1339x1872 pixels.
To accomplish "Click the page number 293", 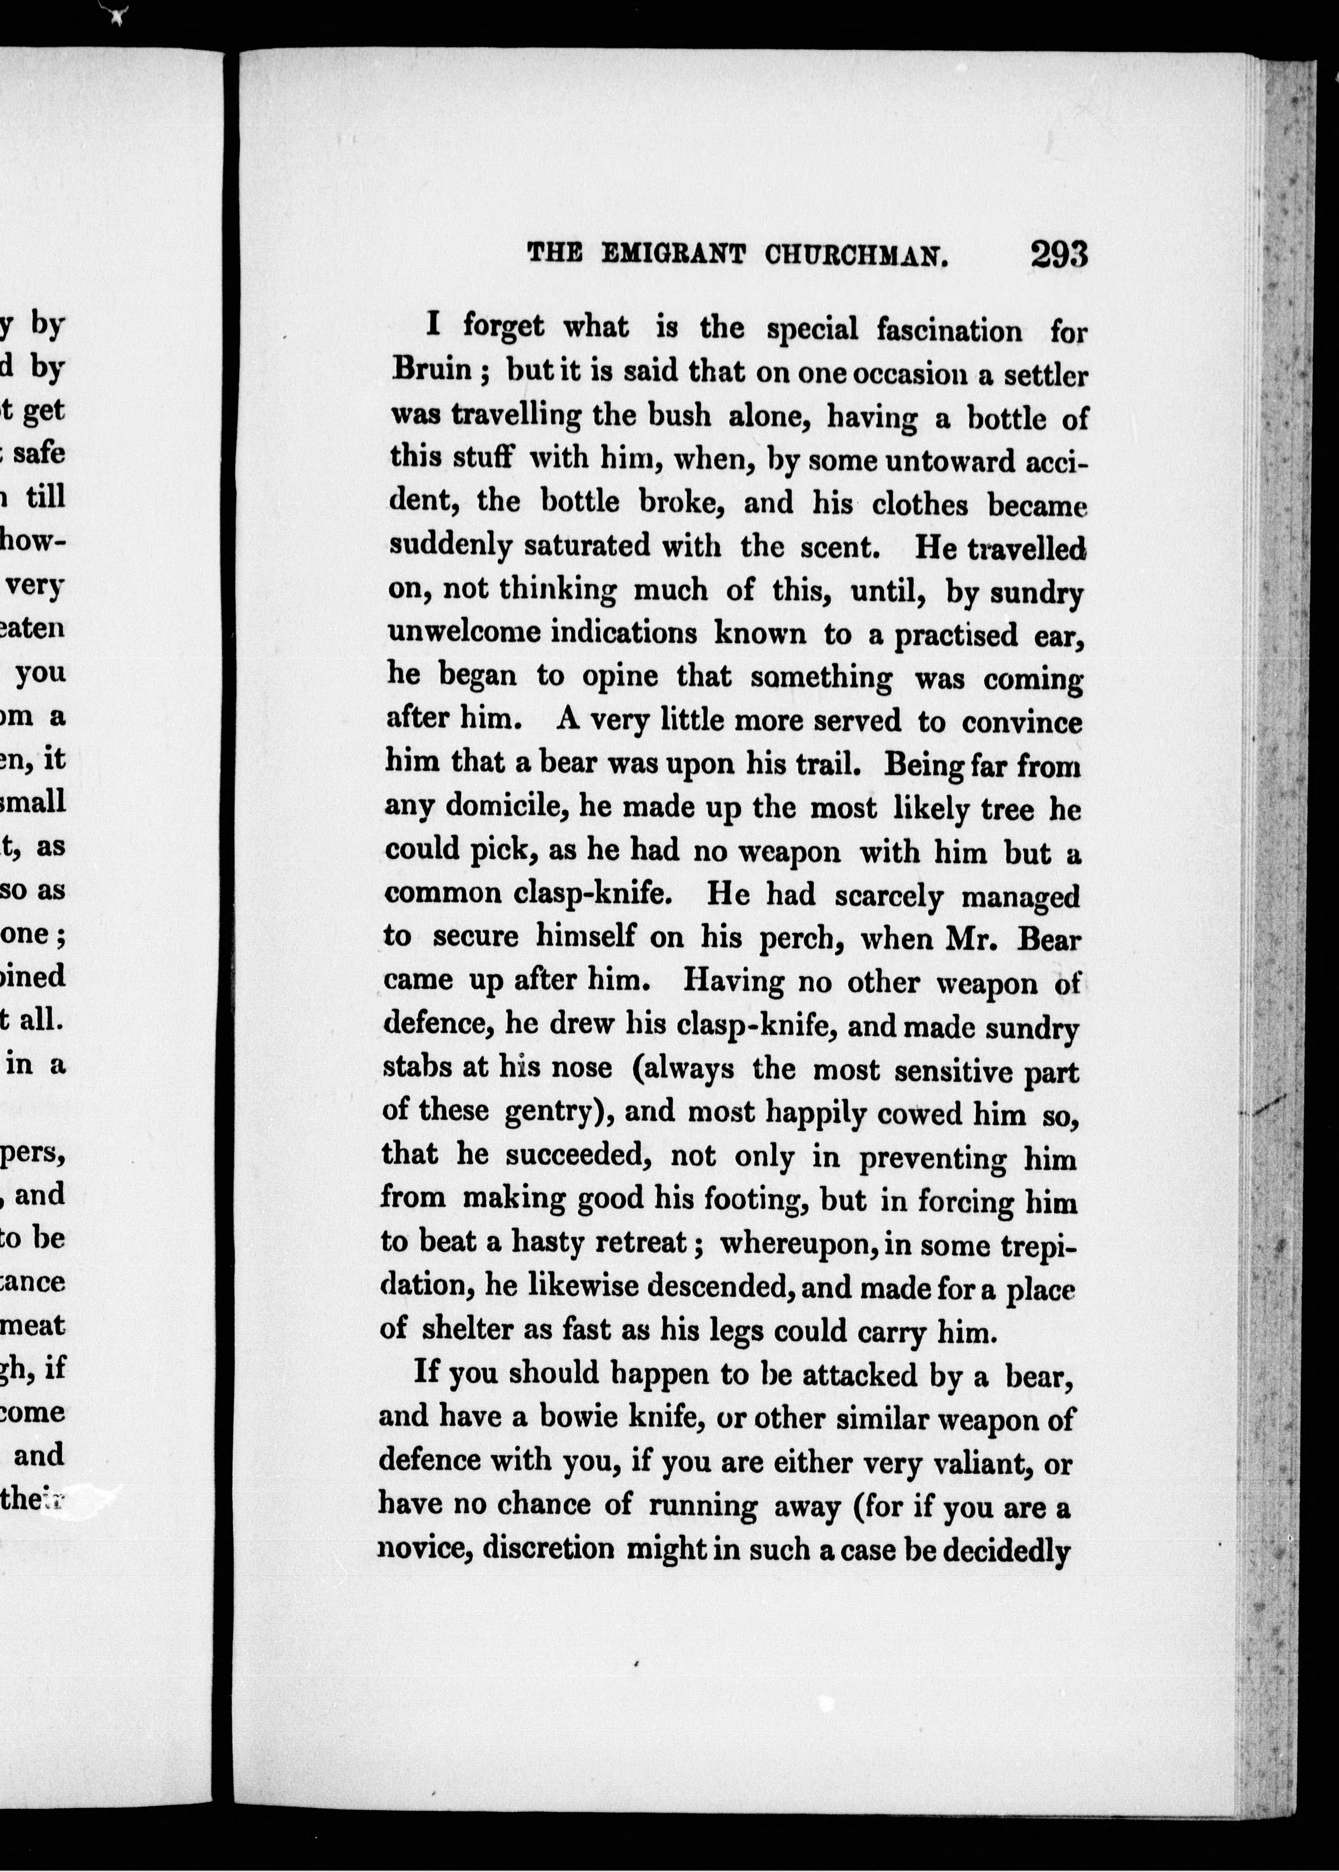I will click(1059, 254).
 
